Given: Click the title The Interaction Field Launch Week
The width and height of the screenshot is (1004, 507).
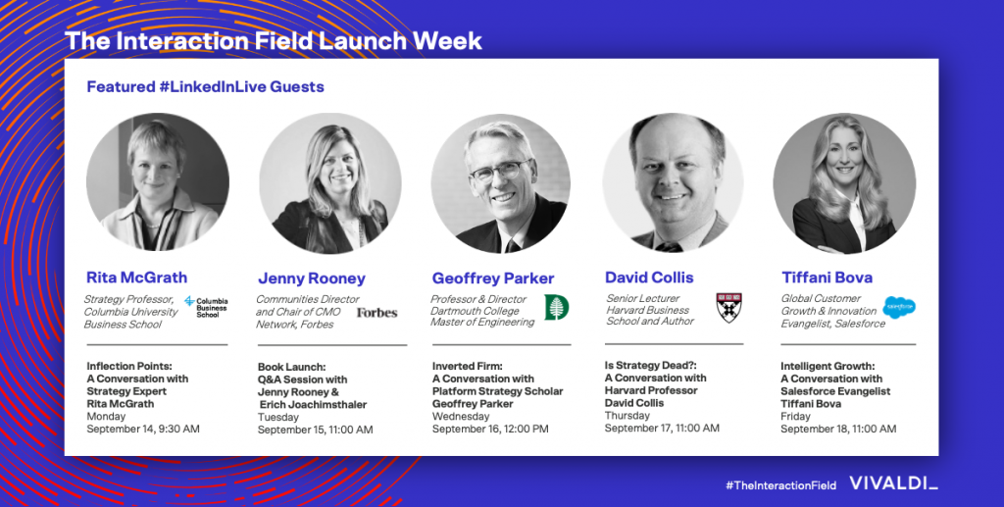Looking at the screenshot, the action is click(274, 41).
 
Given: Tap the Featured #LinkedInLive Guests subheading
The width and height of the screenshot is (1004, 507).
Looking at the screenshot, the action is click(206, 86).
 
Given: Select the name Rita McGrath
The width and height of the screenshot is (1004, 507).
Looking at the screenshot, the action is click(137, 278).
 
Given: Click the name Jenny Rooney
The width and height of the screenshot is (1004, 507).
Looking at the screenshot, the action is click(312, 279).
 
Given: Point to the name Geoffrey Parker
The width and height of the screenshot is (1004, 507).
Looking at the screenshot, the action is click(493, 279).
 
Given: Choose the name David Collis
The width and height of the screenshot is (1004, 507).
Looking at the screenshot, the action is click(649, 278).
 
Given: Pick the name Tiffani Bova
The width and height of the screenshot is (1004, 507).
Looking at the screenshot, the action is click(828, 278).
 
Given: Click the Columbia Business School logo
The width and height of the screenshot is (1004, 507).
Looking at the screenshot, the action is click(206, 307).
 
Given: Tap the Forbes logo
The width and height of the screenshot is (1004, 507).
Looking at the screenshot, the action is click(377, 313).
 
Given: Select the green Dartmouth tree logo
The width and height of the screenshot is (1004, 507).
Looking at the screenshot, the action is click(557, 307).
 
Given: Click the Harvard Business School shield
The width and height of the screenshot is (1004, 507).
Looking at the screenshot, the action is click(728, 307).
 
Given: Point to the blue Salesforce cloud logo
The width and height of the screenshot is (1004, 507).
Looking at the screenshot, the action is click(899, 307).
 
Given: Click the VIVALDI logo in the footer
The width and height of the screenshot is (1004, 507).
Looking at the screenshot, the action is click(894, 483).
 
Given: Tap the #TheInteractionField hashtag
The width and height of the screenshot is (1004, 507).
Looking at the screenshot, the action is click(780, 485).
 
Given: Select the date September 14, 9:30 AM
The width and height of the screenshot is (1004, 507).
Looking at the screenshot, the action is click(143, 429).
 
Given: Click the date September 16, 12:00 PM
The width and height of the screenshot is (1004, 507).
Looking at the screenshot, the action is click(490, 429).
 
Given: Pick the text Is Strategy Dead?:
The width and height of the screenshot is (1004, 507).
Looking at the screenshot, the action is click(647, 366).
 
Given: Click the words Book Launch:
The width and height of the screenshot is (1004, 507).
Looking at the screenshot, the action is click(292, 367).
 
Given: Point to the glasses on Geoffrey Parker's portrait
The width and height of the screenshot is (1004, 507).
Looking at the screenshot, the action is click(499, 171).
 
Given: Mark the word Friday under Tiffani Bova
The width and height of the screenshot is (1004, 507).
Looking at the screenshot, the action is click(795, 416).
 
